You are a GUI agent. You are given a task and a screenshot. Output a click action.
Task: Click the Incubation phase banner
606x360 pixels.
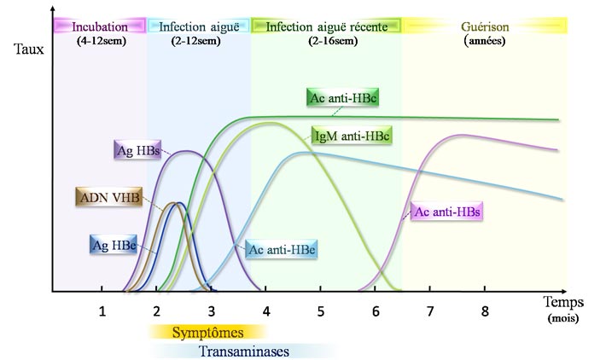click(x=100, y=26)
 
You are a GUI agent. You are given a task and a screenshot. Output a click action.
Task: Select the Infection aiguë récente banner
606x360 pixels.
click(x=327, y=26)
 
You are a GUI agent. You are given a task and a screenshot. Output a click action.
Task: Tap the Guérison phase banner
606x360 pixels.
click(x=484, y=26)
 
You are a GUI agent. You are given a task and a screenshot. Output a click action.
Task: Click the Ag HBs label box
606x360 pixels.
click(x=138, y=151)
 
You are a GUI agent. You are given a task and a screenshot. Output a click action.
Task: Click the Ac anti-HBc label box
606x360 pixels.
click(x=341, y=100)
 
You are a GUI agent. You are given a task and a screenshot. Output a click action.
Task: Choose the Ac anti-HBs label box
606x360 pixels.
click(x=446, y=212)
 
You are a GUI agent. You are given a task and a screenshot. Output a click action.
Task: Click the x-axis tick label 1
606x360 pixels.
click(x=102, y=311)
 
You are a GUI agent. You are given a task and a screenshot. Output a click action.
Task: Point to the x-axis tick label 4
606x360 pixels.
click(x=266, y=311)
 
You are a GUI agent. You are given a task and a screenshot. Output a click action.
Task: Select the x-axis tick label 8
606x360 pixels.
click(x=485, y=311)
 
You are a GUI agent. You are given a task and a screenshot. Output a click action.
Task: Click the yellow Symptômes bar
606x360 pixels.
click(x=208, y=332)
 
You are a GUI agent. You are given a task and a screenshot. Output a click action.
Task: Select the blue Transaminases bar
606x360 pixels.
click(x=244, y=350)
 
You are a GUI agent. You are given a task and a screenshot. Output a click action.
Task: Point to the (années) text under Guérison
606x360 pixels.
click(x=484, y=39)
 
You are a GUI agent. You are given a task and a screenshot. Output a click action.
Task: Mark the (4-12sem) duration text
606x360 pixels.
click(x=100, y=39)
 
